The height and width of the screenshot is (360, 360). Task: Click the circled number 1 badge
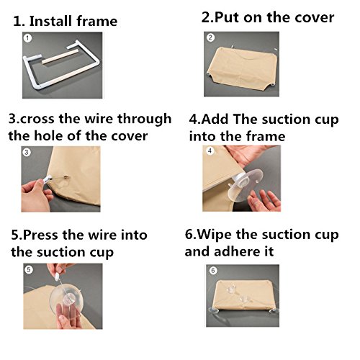[27, 38]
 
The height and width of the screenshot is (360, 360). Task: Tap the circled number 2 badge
[210, 37]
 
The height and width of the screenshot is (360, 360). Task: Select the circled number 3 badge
[27, 152]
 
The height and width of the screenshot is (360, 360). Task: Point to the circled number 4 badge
[210, 150]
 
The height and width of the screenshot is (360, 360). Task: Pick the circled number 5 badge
[29, 269]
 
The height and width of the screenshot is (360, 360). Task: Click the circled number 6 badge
[213, 271]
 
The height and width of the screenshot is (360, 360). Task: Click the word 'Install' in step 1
[51, 21]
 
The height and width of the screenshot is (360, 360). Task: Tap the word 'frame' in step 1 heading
[97, 21]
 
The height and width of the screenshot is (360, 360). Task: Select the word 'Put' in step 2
[227, 17]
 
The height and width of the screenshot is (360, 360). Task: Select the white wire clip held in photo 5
[57, 276]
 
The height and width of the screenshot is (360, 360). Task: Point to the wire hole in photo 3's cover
[66, 178]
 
